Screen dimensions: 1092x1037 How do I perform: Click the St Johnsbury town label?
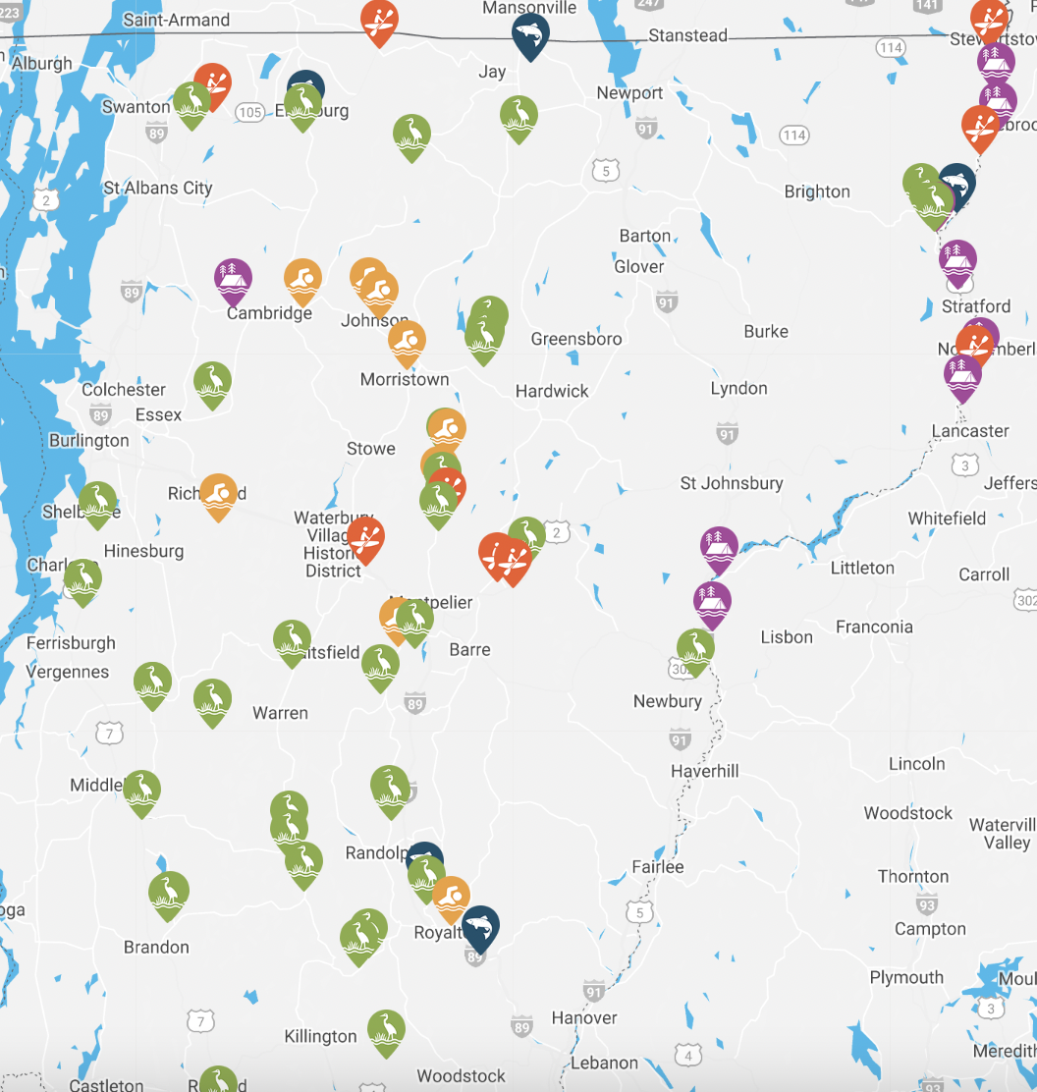click(732, 483)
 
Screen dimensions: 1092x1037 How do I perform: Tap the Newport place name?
click(629, 93)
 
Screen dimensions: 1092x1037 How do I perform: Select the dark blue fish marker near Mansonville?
click(530, 34)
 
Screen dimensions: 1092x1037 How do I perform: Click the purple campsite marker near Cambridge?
click(233, 277)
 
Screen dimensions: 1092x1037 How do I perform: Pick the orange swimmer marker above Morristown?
click(407, 340)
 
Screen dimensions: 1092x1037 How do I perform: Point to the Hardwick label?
click(552, 391)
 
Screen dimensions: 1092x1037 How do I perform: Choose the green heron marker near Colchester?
click(212, 381)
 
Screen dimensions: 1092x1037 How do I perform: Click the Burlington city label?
click(88, 440)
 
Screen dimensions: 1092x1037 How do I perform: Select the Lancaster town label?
click(970, 431)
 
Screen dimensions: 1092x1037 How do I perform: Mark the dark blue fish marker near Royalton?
click(480, 925)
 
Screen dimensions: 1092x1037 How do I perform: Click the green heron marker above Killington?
click(386, 1029)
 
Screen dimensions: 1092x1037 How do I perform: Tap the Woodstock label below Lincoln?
click(907, 813)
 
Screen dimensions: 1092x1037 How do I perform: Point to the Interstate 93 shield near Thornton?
click(926, 903)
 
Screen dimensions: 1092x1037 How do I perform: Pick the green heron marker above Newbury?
click(695, 648)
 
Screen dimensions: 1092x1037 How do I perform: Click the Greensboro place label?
click(576, 339)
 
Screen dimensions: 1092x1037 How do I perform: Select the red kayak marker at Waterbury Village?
click(365, 537)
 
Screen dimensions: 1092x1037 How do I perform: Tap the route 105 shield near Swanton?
click(250, 112)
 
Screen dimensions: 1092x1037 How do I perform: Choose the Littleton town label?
click(862, 568)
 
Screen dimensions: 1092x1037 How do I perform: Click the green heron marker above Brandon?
click(169, 892)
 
